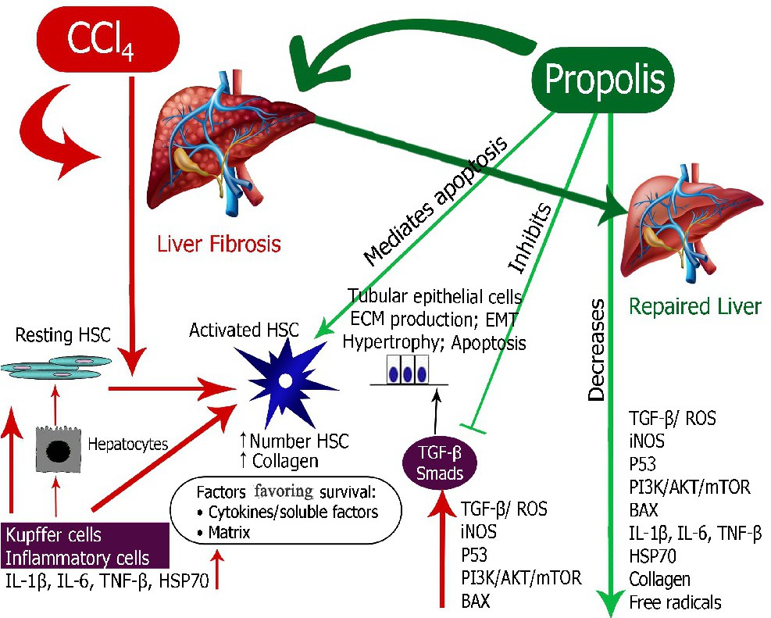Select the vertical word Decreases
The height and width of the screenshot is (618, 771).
pyautogui.click(x=597, y=349)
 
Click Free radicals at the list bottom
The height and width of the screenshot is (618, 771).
pyautogui.click(x=675, y=602)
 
